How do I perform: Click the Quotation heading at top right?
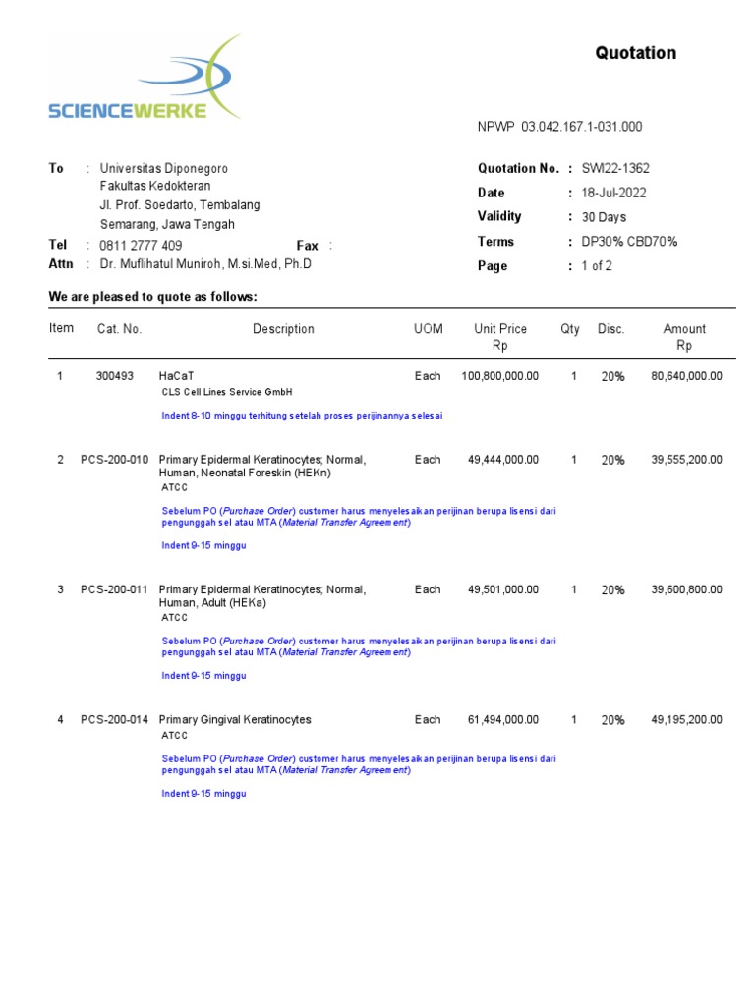635,53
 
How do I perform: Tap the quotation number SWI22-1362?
615,169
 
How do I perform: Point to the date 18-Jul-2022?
613,194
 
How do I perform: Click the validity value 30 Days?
604,217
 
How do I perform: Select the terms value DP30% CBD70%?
629,242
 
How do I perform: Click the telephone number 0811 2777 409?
141,246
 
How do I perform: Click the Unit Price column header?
499,330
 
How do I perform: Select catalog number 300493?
115,376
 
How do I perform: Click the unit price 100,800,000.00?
499,376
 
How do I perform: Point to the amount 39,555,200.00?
686,460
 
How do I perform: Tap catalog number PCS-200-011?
115,590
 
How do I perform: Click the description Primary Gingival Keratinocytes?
235,720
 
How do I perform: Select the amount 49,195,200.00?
686,720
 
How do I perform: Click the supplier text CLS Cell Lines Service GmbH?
227,392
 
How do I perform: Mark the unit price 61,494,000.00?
502,720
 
